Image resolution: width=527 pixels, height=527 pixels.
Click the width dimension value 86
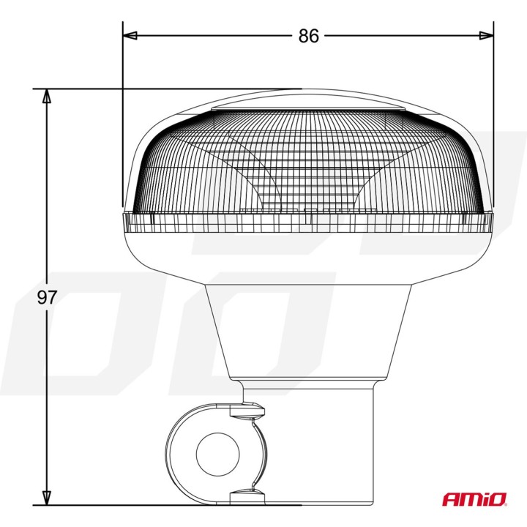pos(309,36)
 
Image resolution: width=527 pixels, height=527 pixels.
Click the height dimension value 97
pos(48,297)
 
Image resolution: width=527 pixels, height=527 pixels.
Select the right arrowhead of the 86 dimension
pos(487,35)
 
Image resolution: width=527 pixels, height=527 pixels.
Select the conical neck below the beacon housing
pos(307,329)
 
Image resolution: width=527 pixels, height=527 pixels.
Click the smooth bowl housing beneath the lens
pos(307,253)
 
